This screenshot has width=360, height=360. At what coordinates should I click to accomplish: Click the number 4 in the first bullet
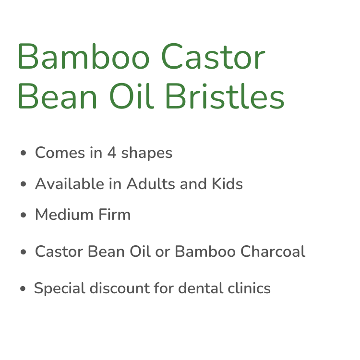click(x=112, y=153)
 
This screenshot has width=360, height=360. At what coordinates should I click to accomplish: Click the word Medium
click(x=64, y=215)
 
